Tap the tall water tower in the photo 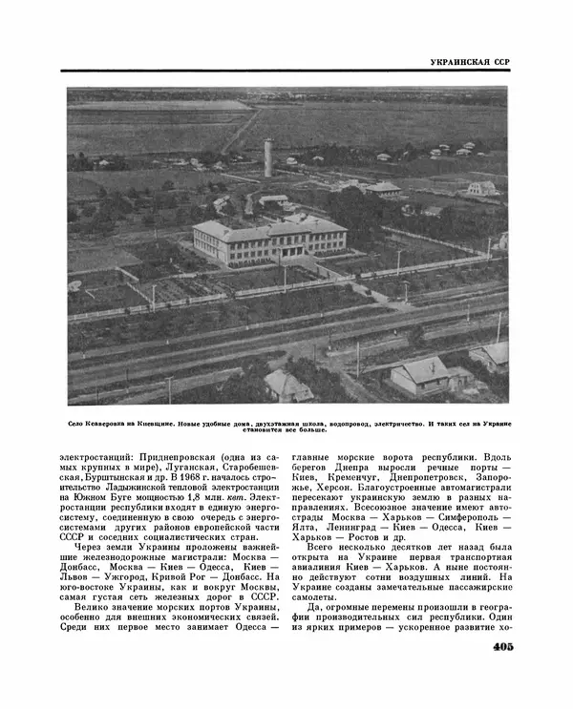pos(268,157)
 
